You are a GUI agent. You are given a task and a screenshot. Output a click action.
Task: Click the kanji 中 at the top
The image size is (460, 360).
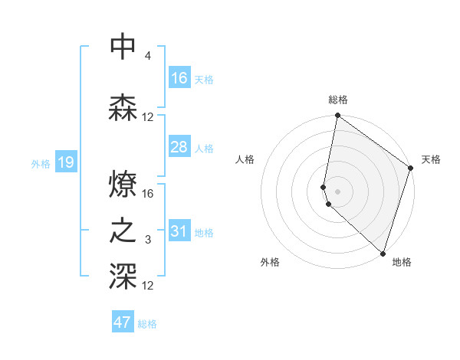tap(123, 47)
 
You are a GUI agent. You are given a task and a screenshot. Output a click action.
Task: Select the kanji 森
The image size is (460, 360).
tap(123, 108)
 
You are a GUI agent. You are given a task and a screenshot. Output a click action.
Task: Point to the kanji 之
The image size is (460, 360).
tap(123, 231)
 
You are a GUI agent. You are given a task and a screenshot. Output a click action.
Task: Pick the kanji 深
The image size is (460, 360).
tap(123, 277)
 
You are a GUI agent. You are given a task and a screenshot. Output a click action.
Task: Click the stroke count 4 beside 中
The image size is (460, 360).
tap(147, 57)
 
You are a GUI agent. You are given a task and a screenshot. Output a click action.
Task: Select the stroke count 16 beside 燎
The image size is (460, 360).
tap(149, 194)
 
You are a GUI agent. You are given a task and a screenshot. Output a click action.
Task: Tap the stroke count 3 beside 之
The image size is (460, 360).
tap(147, 241)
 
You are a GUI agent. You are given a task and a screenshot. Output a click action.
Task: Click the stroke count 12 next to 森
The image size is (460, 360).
tap(148, 117)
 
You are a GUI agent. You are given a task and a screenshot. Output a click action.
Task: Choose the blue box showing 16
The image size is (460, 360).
tap(179, 78)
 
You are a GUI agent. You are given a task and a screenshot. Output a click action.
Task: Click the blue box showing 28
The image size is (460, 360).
tap(179, 147)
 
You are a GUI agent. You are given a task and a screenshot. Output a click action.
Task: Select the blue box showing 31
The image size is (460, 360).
tap(179, 231)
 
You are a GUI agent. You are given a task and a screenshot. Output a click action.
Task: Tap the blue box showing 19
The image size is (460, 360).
tap(65, 162)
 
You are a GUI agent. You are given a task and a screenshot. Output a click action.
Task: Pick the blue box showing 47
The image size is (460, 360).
tap(123, 322)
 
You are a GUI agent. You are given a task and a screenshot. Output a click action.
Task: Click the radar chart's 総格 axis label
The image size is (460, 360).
tap(338, 100)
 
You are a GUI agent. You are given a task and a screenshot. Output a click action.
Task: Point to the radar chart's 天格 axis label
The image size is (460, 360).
tap(431, 159)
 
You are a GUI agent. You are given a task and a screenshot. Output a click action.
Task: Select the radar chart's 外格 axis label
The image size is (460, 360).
tap(270, 262)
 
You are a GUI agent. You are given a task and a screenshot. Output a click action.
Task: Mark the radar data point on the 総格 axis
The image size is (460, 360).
tap(337, 116)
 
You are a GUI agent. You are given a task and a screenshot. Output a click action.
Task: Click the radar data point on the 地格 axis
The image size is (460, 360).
tap(383, 253)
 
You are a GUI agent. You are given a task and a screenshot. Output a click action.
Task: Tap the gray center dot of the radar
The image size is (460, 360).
tap(337, 190)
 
